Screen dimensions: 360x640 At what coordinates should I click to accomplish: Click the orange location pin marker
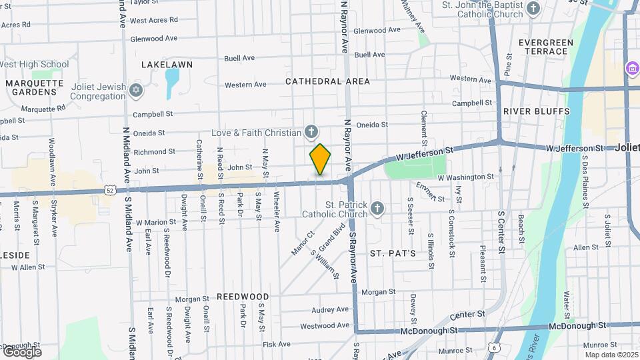[320, 159]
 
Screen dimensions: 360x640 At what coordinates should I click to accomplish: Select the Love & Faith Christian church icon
[311, 132]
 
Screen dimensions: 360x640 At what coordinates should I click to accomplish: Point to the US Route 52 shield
[111, 191]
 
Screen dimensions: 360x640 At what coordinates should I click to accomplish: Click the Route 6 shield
[494, 347]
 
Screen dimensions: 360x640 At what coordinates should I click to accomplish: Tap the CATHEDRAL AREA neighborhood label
[327, 81]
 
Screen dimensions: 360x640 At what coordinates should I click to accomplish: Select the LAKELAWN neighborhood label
[167, 65]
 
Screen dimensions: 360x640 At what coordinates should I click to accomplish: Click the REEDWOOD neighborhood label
[243, 296]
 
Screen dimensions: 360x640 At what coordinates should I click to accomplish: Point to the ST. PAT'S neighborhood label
[393, 253]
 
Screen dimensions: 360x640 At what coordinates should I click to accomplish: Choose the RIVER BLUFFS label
[537, 111]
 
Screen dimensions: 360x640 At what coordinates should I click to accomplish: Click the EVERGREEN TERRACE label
[546, 47]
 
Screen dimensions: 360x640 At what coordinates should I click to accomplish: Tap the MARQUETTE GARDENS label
[35, 87]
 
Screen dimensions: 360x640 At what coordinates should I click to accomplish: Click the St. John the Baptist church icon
[533, 9]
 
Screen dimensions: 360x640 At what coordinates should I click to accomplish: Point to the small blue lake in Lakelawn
[172, 81]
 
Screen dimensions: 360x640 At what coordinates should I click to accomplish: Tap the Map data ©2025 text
[611, 355]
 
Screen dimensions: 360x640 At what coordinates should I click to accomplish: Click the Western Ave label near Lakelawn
[245, 85]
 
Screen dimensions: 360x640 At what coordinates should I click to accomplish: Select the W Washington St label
[465, 177]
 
